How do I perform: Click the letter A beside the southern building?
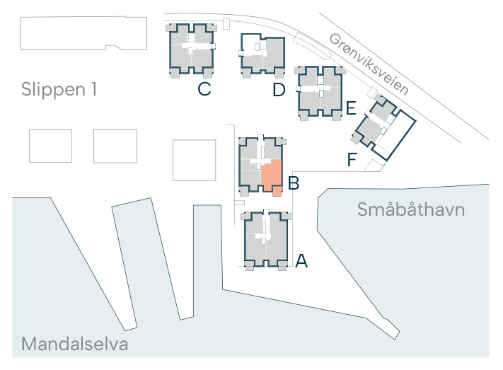pos(301,261)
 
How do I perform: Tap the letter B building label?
pos(294,183)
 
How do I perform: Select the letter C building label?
pos(204,89)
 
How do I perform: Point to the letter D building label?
pos(279,90)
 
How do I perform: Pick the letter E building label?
pos(351,108)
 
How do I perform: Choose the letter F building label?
pos(352,159)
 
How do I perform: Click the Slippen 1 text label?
pos(59,90)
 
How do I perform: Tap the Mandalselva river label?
pos(75,344)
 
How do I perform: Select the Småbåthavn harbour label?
pos(411,209)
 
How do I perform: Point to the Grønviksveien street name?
pos(369,64)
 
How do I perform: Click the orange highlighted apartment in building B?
pos(272,173)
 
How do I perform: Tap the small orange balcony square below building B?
pos(277,191)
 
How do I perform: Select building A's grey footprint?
pos(265,240)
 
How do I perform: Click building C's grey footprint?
pos(191,50)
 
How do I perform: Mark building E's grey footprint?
pos(320,93)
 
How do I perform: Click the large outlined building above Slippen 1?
pos(83,33)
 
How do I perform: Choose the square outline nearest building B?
pos(194,160)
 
